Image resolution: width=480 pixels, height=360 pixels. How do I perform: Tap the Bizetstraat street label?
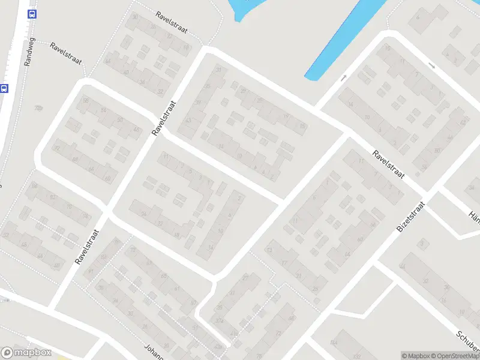(410, 218)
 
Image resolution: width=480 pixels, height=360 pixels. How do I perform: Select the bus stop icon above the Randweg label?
(32, 14)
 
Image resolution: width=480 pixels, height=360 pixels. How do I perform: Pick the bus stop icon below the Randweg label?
(4, 88)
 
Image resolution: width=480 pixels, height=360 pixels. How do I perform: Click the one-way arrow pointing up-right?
(343, 77)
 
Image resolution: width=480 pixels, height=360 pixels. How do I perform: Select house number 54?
(103, 111)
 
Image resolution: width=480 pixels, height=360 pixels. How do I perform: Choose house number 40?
(126, 73)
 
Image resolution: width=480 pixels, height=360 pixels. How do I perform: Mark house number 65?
(164, 276)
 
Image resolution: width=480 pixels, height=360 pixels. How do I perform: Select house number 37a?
(220, 320)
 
